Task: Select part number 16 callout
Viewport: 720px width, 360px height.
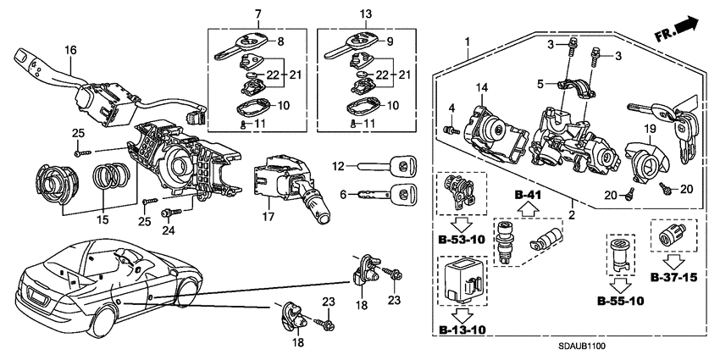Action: click(x=70, y=51)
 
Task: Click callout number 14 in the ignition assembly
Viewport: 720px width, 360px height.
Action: click(x=482, y=87)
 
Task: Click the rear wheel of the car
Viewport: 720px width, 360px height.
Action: click(x=102, y=323)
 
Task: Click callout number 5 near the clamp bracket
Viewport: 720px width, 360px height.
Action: click(x=540, y=84)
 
